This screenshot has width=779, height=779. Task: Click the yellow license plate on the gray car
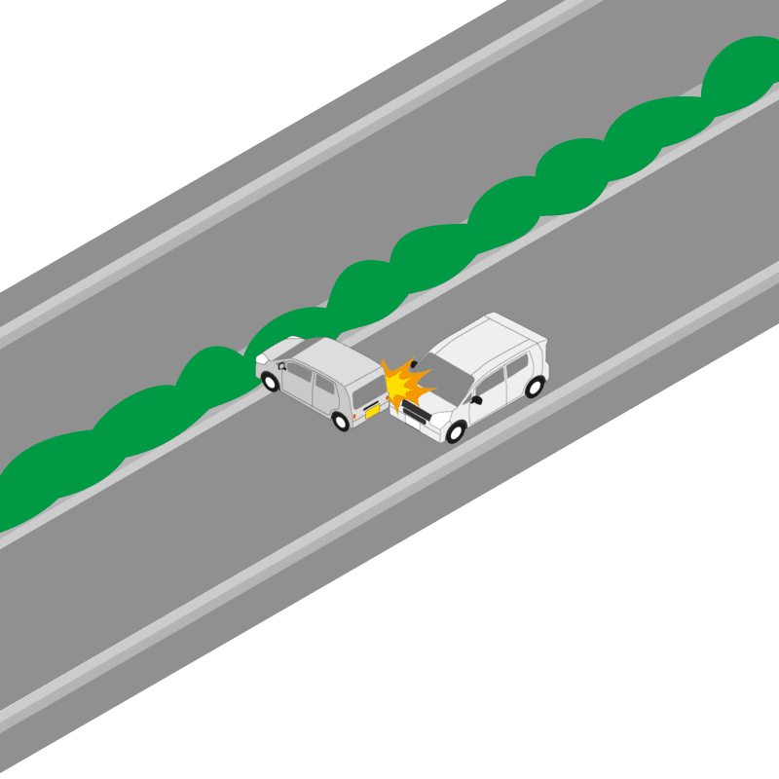click(372, 411)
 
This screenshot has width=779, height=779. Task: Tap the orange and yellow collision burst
click(403, 386)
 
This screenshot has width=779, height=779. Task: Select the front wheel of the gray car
click(271, 382)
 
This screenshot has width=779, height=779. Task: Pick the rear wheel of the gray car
click(341, 421)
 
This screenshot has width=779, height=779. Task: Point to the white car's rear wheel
click(534, 388)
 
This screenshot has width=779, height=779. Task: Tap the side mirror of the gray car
click(281, 366)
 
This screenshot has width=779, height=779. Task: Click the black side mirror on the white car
click(476, 399)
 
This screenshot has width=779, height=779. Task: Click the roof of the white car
click(493, 341)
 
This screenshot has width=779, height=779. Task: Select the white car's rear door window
click(516, 366)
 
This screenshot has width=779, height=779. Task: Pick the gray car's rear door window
click(324, 383)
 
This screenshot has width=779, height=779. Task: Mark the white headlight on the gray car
click(261, 358)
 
